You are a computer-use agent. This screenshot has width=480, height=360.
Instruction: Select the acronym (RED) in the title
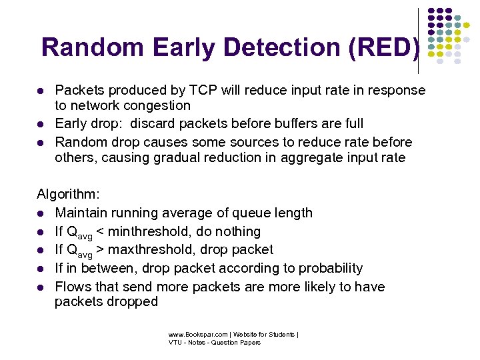[x=387, y=47]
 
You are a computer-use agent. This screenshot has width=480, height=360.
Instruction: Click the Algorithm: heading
[x=68, y=194]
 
